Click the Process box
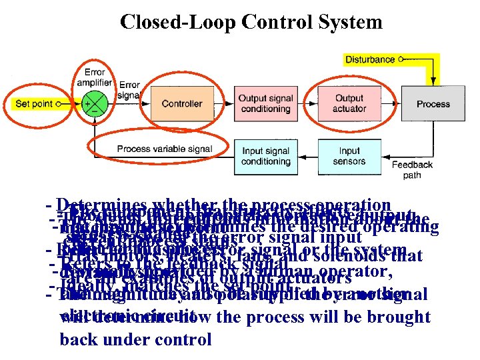point(433,103)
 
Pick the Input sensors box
point(349,156)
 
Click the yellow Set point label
point(35,104)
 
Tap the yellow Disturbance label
point(371,59)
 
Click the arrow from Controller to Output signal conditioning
point(219,103)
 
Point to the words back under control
point(136,339)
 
